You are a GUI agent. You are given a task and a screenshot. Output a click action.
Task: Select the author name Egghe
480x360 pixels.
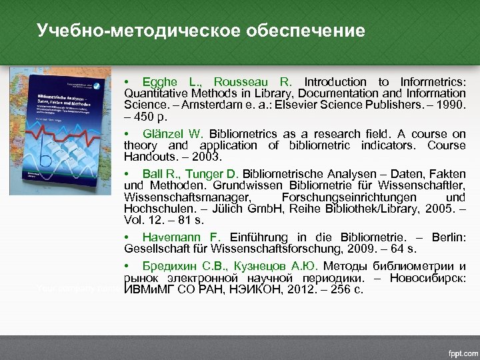click(159, 82)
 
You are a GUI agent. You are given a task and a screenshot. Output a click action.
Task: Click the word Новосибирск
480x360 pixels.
click(429, 278)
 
